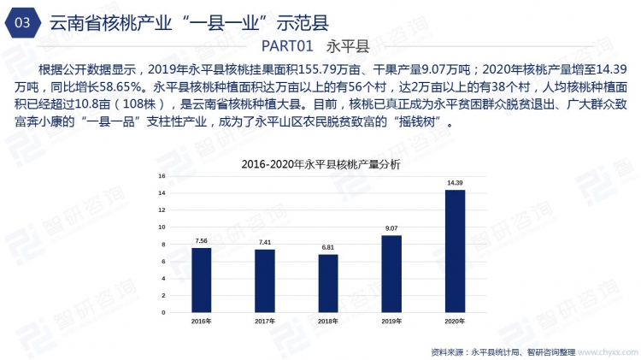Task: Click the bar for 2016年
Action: point(201,280)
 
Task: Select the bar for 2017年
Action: point(265,281)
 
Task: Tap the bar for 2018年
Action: point(328,284)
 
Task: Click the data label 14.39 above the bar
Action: point(455,183)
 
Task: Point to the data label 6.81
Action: point(328,248)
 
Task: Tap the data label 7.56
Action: point(201,241)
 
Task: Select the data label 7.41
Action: point(265,243)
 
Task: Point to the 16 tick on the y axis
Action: point(161,176)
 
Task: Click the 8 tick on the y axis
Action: point(162,245)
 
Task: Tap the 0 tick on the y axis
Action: point(162,313)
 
